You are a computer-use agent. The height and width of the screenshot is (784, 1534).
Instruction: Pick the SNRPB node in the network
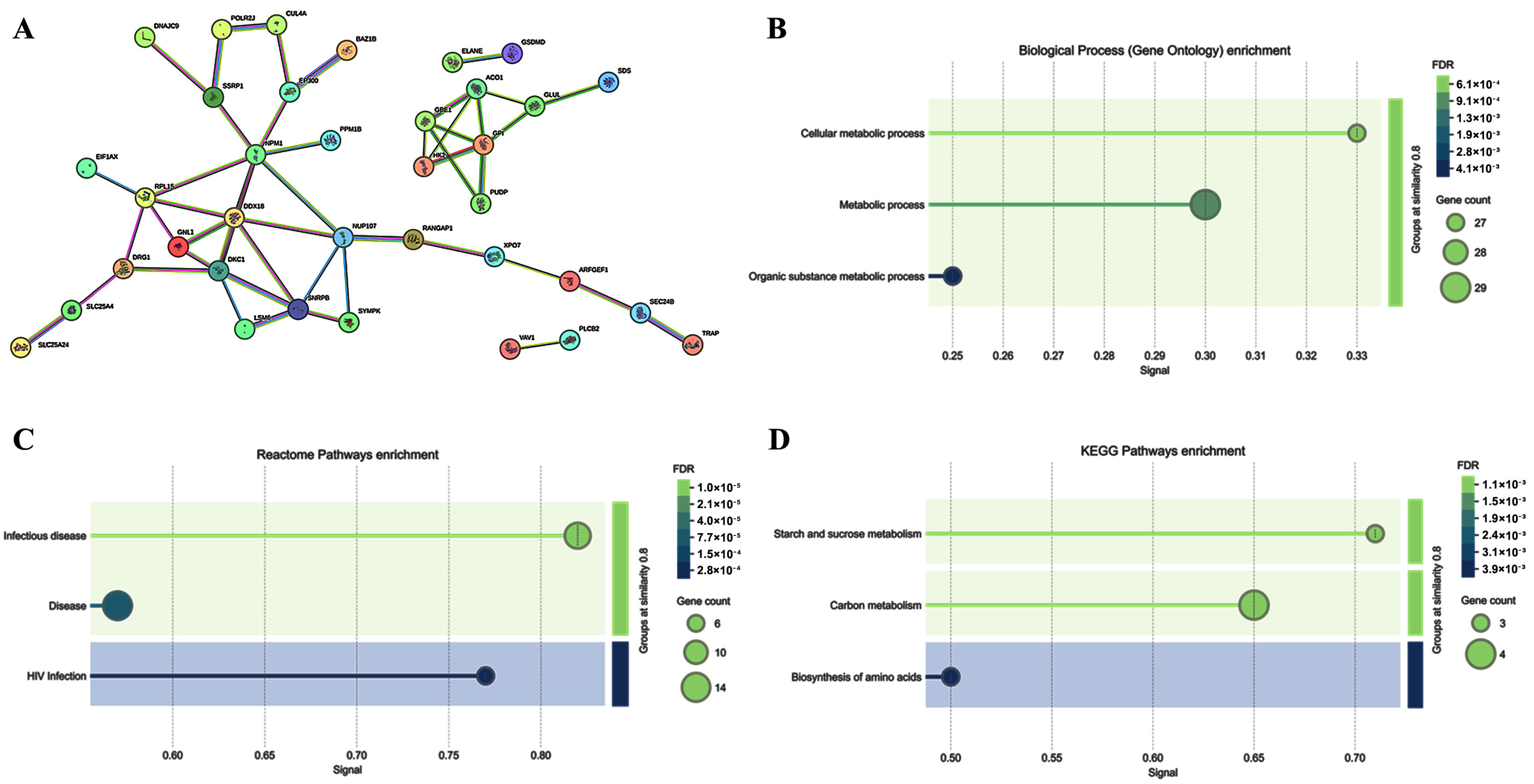[x=298, y=309]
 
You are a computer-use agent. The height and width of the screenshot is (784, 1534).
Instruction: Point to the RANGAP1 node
[x=413, y=239]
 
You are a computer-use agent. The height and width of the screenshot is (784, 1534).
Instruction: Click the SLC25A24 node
[x=21, y=347]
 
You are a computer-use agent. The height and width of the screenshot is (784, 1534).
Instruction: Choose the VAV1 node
[x=510, y=349]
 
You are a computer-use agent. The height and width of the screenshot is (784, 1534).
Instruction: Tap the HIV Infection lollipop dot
[x=485, y=675]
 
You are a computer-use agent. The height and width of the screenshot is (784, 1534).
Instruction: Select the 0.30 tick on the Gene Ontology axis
[x=1205, y=356]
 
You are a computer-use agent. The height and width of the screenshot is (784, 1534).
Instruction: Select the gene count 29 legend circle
[x=1455, y=287]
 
